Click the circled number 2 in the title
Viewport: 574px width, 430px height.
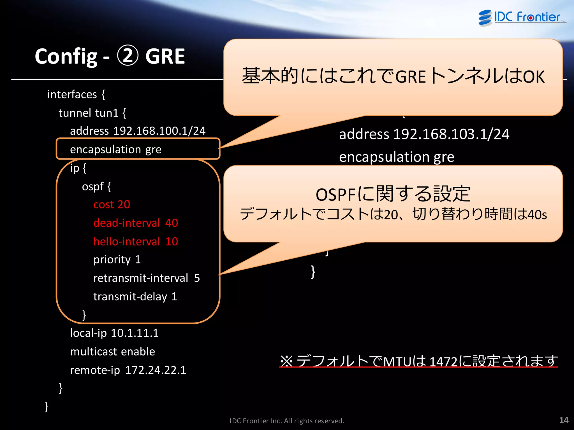[x=128, y=56]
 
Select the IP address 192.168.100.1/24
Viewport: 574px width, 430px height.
[x=159, y=131]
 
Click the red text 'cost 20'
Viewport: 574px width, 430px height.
[x=112, y=205]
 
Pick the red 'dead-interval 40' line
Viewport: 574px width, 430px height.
[x=136, y=223]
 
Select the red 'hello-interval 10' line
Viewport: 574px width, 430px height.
[x=136, y=242]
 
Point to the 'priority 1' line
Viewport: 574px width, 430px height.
[x=117, y=260]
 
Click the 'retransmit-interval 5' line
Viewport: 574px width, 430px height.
[x=146, y=278]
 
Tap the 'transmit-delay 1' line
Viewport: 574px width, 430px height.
[x=135, y=297]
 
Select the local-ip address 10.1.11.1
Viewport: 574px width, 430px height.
[x=135, y=333]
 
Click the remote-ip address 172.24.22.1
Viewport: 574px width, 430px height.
[x=156, y=370]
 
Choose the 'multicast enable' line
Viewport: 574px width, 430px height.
[x=112, y=352]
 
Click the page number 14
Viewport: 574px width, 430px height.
[x=564, y=420]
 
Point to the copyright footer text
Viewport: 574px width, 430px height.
[x=287, y=421]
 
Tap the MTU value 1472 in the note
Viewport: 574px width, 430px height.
[x=443, y=362]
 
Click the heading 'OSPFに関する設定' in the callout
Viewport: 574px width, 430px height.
[x=393, y=194]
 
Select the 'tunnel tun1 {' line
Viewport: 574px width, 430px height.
[x=92, y=113]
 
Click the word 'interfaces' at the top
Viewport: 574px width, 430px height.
[x=72, y=95]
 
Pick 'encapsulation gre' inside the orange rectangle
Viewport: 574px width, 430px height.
[x=115, y=149]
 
